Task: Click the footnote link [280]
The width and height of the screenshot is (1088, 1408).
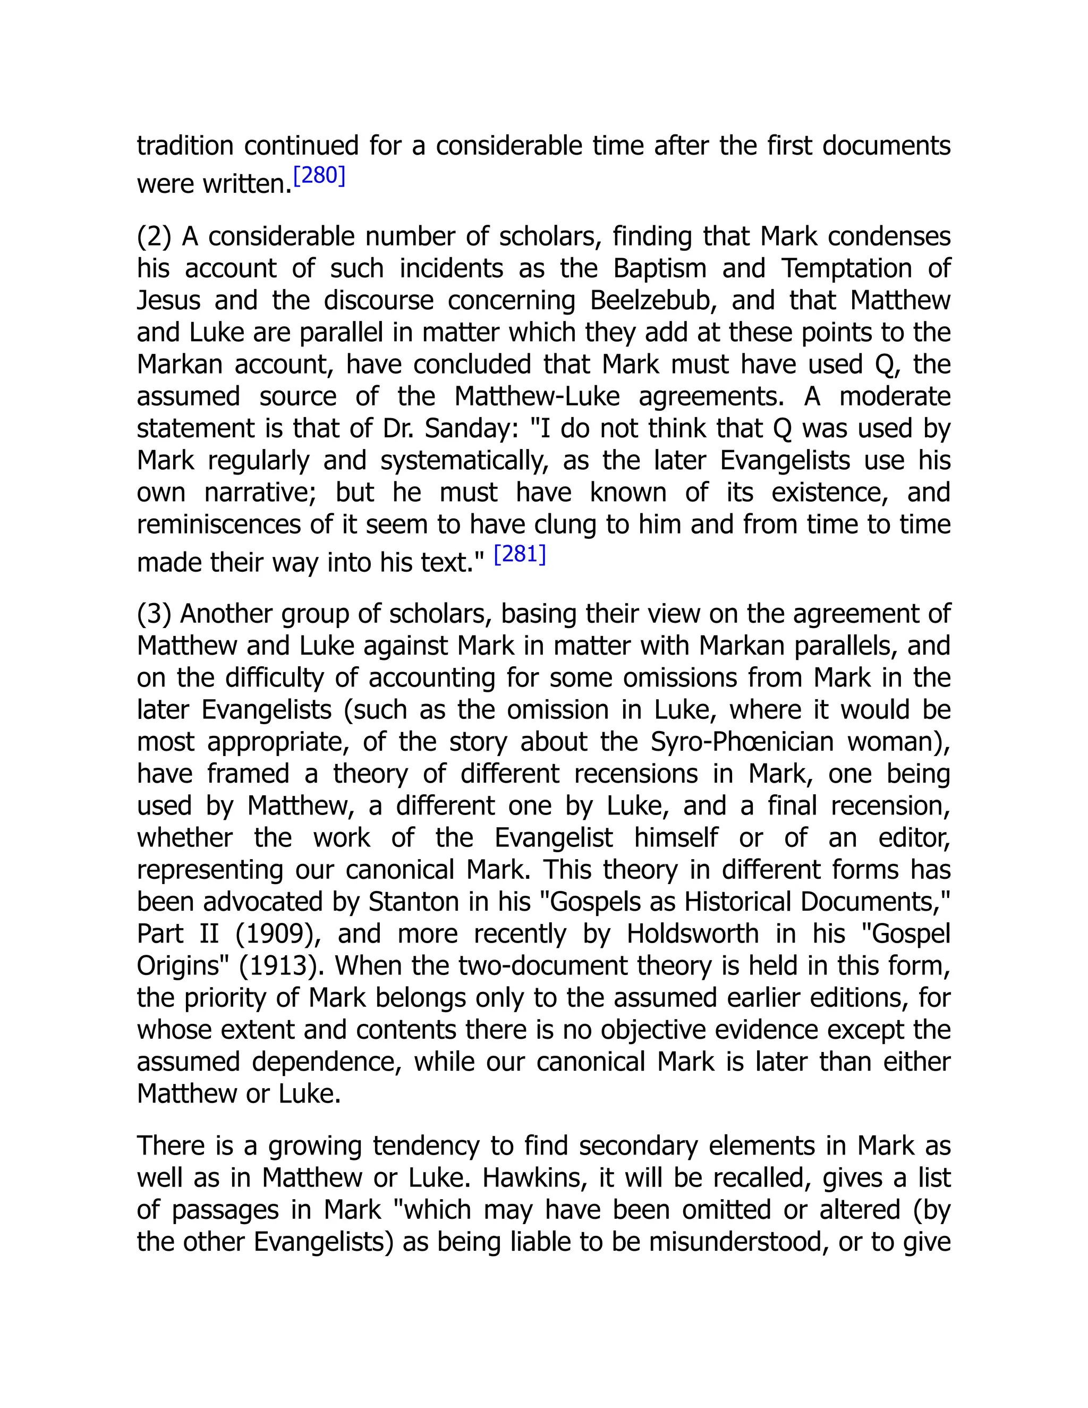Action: tap(320, 176)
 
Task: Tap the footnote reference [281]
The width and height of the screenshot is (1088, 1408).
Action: tap(520, 554)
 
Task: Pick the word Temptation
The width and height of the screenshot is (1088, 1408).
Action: tap(846, 268)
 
